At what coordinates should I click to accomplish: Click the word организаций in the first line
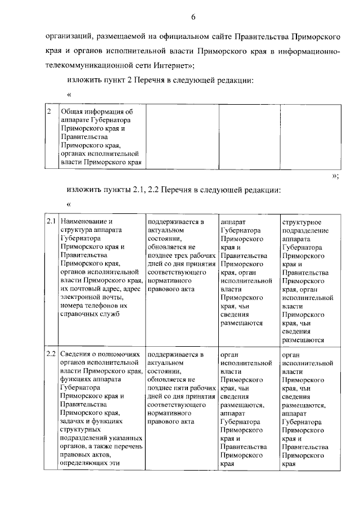point(66,37)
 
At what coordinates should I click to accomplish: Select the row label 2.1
point(51,222)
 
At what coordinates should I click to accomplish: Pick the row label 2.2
point(51,355)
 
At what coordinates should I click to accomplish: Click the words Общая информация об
point(96,111)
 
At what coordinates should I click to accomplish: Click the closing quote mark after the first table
point(335,176)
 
